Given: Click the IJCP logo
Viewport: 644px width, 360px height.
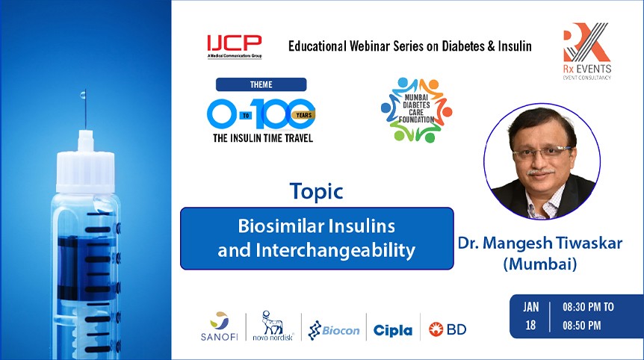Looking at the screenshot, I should [x=233, y=46].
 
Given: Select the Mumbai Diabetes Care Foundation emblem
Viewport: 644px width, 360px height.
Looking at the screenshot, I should [x=416, y=110].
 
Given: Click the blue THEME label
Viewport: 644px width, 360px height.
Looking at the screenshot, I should [x=261, y=84].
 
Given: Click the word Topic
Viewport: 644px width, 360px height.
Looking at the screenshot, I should [x=317, y=191].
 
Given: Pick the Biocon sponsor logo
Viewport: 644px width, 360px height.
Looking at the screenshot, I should [x=334, y=329].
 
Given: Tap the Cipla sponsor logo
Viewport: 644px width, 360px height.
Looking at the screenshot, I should [x=392, y=329].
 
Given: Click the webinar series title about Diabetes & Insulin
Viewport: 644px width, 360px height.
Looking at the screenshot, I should [x=409, y=46].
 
